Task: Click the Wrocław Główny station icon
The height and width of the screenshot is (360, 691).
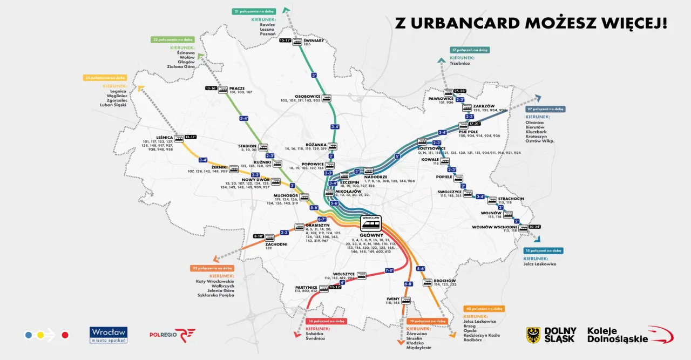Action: (370, 223)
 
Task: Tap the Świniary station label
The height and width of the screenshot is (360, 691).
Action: (314, 40)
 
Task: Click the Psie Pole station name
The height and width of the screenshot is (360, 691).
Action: (469, 131)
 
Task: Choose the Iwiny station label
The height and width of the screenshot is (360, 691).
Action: (392, 298)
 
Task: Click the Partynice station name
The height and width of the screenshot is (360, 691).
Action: (306, 287)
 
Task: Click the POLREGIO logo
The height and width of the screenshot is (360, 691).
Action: (172, 335)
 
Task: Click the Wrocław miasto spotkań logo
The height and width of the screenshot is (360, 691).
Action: (109, 335)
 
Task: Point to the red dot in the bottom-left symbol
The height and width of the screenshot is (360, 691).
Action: (65, 335)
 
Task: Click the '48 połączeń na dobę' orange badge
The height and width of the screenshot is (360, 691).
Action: (484, 309)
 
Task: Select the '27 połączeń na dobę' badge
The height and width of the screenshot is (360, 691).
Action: (545, 108)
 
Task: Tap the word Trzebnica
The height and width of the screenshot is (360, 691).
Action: (460, 63)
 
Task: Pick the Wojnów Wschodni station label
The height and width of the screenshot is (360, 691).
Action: (494, 227)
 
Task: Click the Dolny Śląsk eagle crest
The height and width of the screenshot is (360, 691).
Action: (533, 335)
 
